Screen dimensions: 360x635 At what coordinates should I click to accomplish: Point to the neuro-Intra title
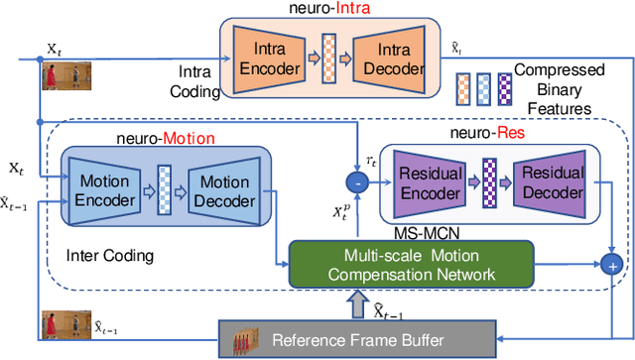(x=331, y=10)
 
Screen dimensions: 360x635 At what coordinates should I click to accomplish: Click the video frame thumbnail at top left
(x=55, y=75)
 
